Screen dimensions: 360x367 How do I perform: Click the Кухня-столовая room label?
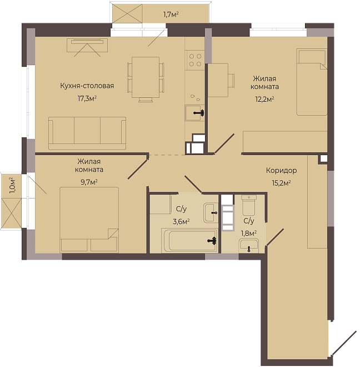tap(87, 86)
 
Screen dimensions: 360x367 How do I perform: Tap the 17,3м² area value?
tap(87, 98)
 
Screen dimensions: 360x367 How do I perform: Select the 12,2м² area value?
tap(264, 99)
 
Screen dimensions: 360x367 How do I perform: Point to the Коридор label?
tap(282, 170)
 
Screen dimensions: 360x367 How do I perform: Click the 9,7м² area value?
tap(89, 182)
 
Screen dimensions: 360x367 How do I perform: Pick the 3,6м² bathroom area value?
tap(181, 221)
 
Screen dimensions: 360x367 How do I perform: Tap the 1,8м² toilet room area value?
tap(249, 234)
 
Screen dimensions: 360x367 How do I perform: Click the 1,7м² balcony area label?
tap(171, 15)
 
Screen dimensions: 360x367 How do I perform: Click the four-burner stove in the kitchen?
tap(195, 60)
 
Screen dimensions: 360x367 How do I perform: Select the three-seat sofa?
tap(87, 133)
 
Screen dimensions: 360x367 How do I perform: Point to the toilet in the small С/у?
tap(249, 205)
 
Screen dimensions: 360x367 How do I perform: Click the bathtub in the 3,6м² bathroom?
tap(189, 241)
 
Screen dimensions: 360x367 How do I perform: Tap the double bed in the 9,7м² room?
tap(89, 220)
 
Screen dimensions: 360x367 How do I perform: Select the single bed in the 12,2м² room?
tap(312, 82)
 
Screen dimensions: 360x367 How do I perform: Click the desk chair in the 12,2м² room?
tap(231, 81)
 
